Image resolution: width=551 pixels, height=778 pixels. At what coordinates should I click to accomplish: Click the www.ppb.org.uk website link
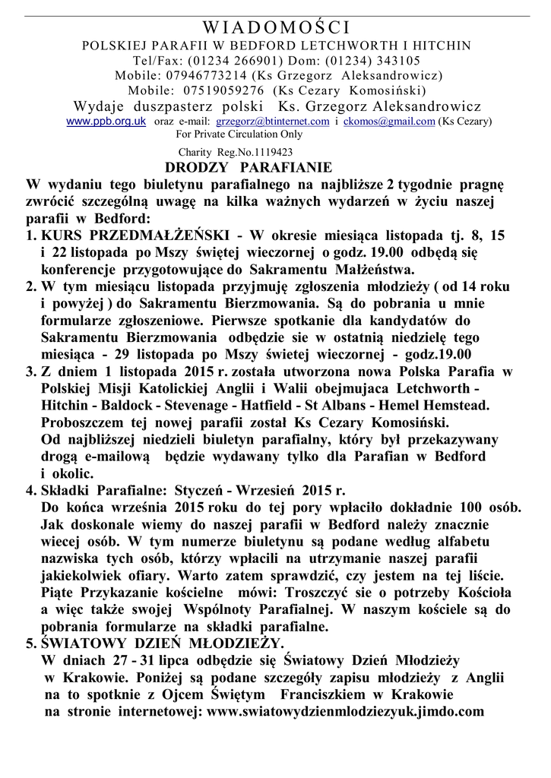tap(106, 121)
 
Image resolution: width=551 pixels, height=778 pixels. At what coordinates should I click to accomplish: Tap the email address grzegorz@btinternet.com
tap(273, 121)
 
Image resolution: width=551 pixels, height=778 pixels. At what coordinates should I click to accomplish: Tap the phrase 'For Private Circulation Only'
tap(239, 134)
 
